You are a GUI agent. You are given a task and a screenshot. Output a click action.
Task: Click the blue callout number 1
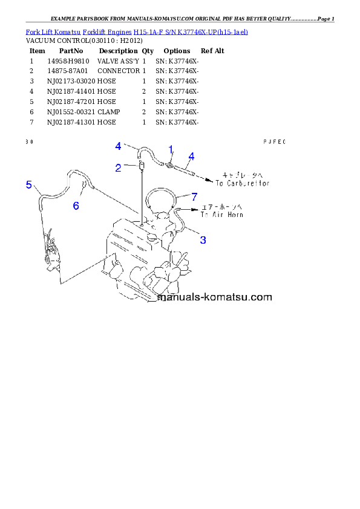[171, 149]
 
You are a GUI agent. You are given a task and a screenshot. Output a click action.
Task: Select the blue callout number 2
[119, 167]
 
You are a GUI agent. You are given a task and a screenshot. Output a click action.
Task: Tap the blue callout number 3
[203, 240]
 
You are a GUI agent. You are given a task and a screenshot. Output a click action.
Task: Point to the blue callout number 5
[29, 185]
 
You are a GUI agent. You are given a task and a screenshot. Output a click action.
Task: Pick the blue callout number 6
[76, 206]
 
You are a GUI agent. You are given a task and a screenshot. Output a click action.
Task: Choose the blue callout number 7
[194, 196]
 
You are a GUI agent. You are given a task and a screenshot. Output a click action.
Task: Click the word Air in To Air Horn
[216, 215]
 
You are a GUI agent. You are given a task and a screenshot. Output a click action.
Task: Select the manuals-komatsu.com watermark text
[215, 297]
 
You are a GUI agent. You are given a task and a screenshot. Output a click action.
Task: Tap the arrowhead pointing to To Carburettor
[209, 180]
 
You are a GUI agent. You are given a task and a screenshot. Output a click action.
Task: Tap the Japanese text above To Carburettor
[243, 172]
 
